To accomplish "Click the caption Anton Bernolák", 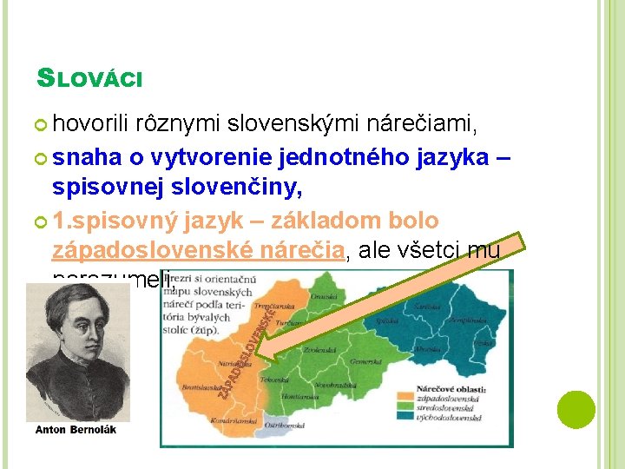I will [x=76, y=430].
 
